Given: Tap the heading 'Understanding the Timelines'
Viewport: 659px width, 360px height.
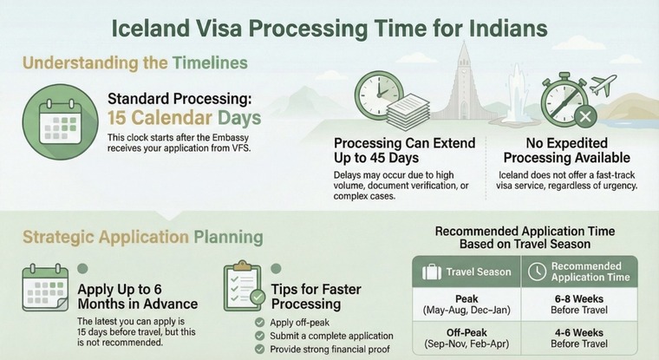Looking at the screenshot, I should (x=134, y=62).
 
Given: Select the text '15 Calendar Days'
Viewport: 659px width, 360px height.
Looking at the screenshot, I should (x=183, y=118).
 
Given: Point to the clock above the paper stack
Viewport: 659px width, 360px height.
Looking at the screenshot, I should (x=378, y=88).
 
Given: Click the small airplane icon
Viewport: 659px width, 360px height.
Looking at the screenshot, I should (x=602, y=84).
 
